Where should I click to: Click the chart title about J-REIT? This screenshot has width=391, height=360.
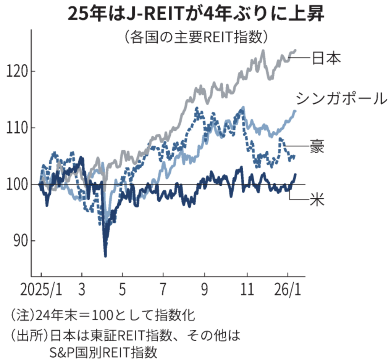[x=195, y=14]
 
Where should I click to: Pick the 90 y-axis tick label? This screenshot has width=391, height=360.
[x=19, y=241]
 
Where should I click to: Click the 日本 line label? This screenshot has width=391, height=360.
[x=326, y=58]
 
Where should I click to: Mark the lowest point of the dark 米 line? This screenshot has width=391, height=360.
[x=105, y=256]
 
